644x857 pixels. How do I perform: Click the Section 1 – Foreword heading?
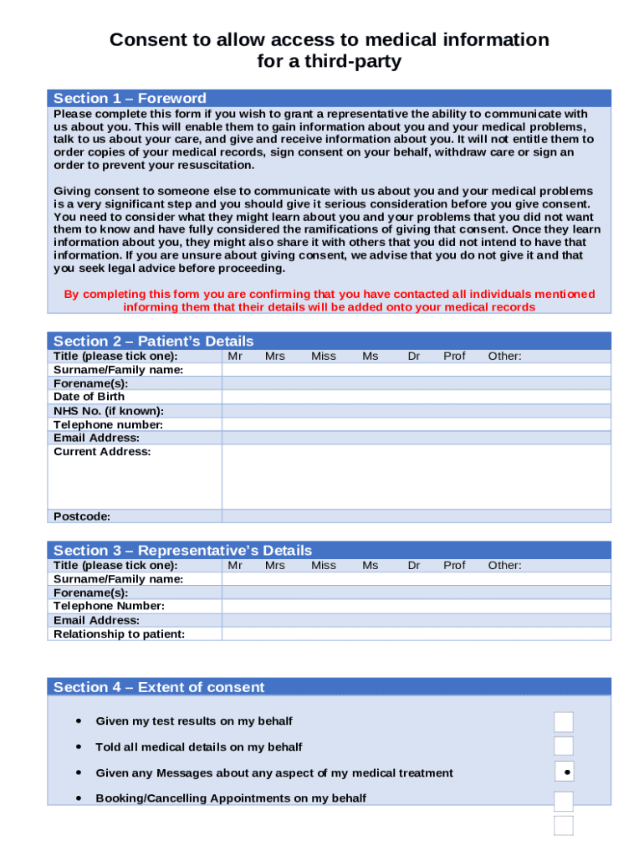(130, 98)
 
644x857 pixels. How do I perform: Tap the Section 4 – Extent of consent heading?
(159, 687)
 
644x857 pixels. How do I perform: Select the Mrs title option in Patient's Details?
(275, 356)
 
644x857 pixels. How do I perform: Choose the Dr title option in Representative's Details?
(414, 565)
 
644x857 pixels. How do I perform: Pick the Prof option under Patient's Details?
(454, 356)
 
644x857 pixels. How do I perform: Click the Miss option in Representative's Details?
(324, 565)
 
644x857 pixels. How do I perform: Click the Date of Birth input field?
(416, 397)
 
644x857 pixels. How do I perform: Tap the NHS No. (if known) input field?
(416, 411)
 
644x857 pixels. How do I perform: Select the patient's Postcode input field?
(416, 516)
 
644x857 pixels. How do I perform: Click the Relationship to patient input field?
(416, 634)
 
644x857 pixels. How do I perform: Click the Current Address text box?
(416, 476)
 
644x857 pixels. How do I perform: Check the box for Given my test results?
(564, 721)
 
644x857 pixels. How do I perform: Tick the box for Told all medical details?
(564, 747)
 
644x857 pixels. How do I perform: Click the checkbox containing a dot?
(565, 772)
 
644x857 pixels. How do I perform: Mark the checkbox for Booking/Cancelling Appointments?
(564, 800)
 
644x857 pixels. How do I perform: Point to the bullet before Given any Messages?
(78, 772)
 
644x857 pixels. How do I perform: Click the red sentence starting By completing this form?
(330, 300)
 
